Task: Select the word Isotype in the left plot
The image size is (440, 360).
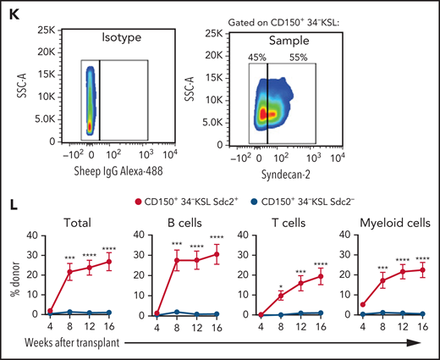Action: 116,39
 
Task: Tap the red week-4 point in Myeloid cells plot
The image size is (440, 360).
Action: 362,304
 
